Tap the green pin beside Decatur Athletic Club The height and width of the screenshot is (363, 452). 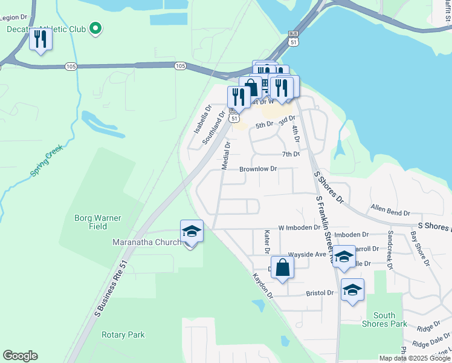click(x=95, y=28)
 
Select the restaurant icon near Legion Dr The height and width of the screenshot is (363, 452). click(x=40, y=40)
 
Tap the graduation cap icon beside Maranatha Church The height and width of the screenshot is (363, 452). click(x=192, y=232)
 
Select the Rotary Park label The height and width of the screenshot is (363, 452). click(x=123, y=335)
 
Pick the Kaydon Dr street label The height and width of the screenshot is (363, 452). click(x=263, y=286)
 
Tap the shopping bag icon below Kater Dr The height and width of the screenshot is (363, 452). click(x=282, y=267)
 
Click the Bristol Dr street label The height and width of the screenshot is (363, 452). click(x=320, y=293)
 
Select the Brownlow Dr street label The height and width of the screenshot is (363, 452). click(x=258, y=169)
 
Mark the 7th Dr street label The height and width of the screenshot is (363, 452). click(x=291, y=154)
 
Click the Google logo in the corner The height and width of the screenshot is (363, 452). click(x=20, y=356)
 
